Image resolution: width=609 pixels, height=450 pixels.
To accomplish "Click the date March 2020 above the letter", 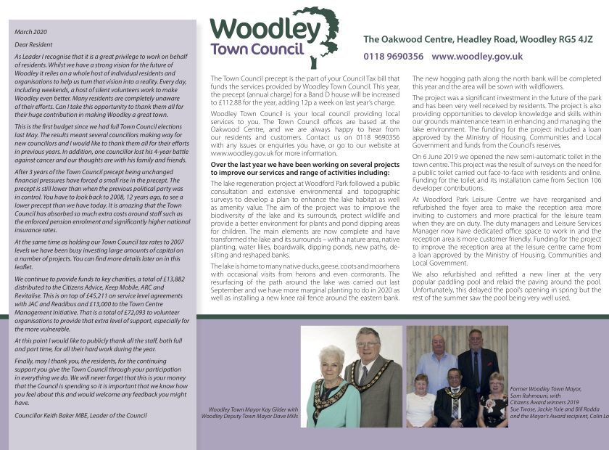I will coord(30,33).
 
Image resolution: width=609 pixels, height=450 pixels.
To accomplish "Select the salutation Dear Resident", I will coord(33,45).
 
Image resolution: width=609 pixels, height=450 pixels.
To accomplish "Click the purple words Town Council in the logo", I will coord(257,50).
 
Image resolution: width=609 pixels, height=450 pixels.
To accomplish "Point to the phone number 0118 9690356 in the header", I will coord(393,56).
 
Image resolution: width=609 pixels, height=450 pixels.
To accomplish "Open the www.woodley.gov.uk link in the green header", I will coord(476,56).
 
